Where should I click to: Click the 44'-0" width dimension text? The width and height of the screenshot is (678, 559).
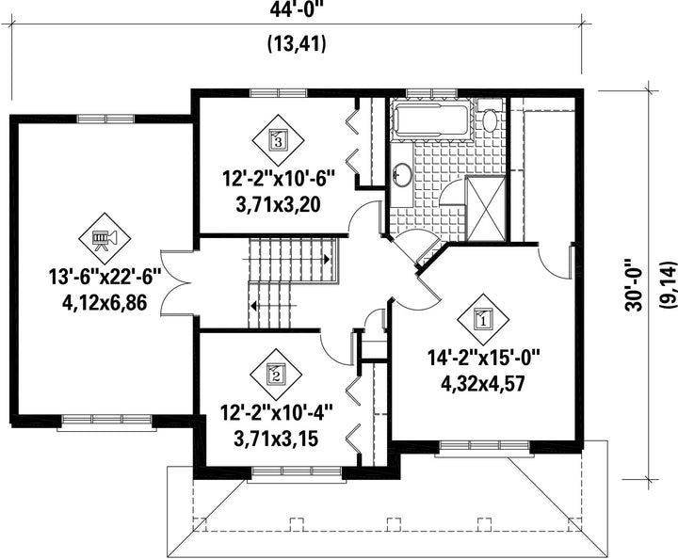point(297,9)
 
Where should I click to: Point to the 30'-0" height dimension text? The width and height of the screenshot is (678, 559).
point(634,284)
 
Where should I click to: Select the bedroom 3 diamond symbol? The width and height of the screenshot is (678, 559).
point(278,139)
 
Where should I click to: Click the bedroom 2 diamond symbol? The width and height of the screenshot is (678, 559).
point(277,374)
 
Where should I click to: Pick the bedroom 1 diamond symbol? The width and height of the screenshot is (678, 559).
point(483,320)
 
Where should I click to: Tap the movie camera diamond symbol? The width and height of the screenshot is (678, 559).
point(105,238)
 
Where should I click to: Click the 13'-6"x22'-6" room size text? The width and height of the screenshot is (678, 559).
point(105,278)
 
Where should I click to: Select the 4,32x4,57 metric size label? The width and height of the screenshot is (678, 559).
point(482,383)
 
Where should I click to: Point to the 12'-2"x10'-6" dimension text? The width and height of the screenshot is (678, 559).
point(279,179)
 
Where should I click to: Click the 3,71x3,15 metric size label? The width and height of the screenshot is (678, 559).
point(276,439)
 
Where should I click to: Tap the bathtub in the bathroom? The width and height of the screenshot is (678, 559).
point(430,120)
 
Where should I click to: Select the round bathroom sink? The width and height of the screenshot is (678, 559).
point(402,174)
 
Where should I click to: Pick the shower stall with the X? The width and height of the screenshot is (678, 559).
point(485,208)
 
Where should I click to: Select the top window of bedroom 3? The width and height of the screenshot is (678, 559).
point(279,93)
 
